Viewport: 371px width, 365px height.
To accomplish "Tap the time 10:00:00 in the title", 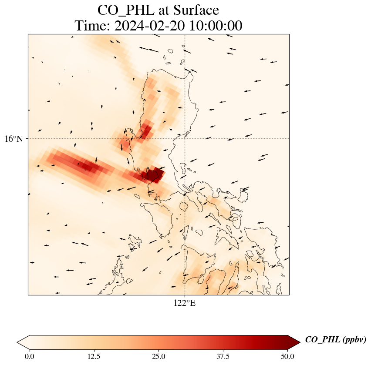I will (214, 26).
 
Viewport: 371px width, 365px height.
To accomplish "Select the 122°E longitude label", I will (185, 303).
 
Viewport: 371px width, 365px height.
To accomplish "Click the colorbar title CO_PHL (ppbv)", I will (335, 340).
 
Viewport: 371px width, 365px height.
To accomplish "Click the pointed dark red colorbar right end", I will (294, 342).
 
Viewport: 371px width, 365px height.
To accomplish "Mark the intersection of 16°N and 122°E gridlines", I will (185, 139).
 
